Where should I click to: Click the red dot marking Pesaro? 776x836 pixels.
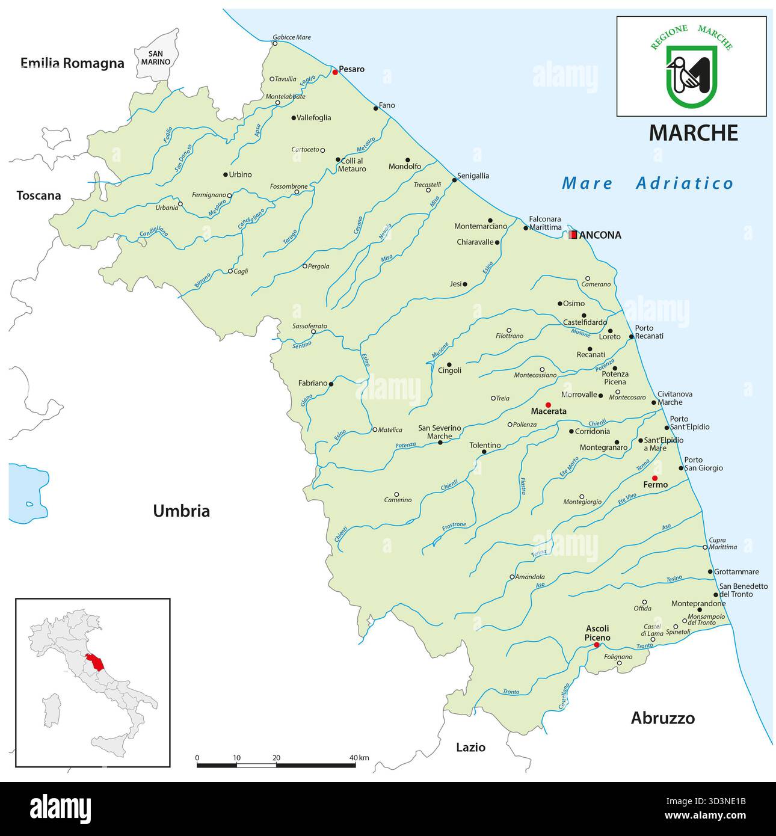coord(335,72)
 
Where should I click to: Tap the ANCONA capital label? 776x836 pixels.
coord(600,235)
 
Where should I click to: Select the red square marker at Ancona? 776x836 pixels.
coord(573,235)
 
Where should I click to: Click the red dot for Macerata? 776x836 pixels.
coord(548,405)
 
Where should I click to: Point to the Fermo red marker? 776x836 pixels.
coord(656,478)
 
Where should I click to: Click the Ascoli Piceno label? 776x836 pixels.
coord(597,633)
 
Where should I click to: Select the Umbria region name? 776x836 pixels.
coord(181,511)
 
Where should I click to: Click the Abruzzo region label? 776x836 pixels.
coord(662,718)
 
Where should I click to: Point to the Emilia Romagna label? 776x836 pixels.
coord(72,63)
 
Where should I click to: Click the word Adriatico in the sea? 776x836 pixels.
coord(685,183)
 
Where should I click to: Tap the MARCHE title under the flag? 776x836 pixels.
coord(693,133)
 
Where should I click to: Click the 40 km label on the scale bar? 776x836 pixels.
coord(359,757)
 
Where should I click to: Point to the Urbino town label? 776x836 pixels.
coord(240,174)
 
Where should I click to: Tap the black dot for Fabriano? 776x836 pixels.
coord(331,383)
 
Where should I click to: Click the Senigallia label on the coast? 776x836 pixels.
coord(473,176)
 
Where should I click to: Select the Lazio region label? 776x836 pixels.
coord(470,748)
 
